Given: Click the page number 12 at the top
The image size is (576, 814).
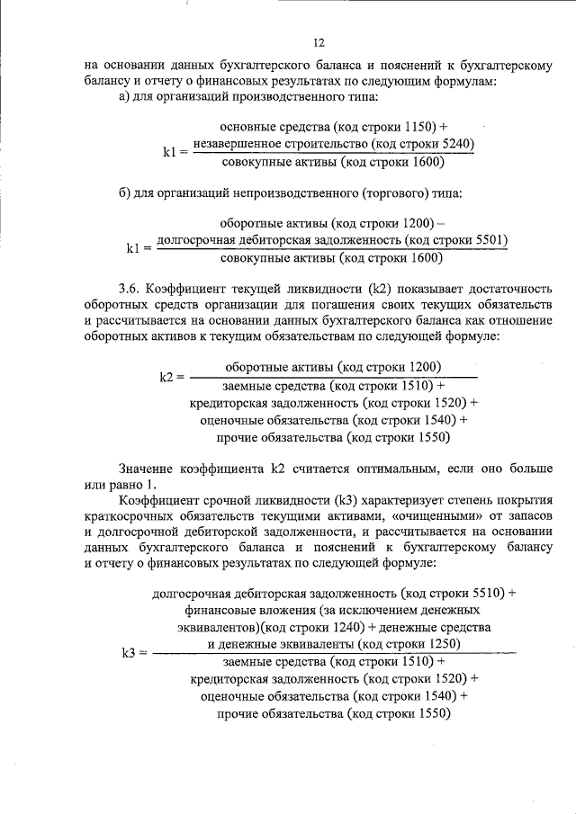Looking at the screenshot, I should tap(318, 42).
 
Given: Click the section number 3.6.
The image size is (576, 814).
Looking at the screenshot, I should tap(130, 289).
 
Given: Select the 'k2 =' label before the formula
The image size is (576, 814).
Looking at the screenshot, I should tap(172, 376).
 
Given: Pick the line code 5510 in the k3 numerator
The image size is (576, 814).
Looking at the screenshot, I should tap(490, 594).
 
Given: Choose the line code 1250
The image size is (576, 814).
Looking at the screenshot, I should tap(441, 644).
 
